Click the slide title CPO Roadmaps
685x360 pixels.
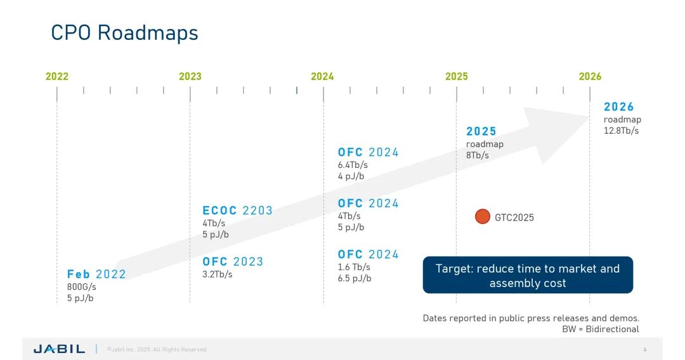click(124, 33)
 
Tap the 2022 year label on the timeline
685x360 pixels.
click(57, 77)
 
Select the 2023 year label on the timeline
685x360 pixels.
click(190, 77)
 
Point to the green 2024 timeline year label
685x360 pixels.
click(322, 77)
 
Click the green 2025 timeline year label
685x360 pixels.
click(456, 77)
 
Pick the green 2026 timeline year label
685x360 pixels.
click(590, 77)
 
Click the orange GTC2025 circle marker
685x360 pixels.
click(483, 217)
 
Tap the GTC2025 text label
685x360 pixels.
click(514, 217)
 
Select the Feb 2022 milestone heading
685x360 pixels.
click(96, 274)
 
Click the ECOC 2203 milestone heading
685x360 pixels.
click(237, 210)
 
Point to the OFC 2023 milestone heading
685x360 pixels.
click(233, 262)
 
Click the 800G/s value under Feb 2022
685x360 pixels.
click(81, 286)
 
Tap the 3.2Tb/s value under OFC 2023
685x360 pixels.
click(218, 274)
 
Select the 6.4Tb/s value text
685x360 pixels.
click(353, 165)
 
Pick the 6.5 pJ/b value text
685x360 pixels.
click(355, 278)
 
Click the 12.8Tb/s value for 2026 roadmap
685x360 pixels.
click(621, 131)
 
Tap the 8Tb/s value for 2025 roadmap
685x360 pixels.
click(478, 155)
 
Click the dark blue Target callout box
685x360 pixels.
click(528, 276)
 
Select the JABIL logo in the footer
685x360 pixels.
click(59, 349)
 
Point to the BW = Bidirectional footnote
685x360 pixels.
click(600, 329)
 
